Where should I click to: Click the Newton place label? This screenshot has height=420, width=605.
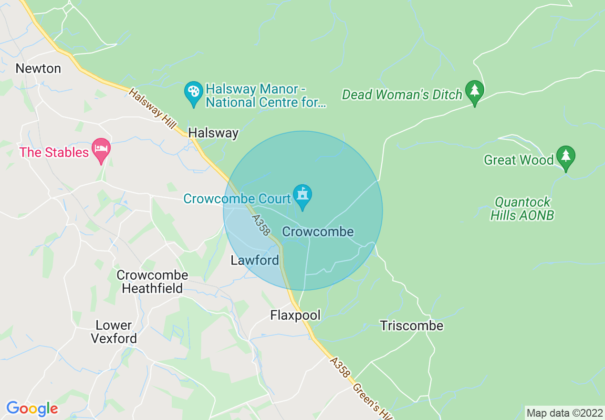[x=38, y=69]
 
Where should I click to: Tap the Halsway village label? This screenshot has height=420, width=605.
[x=213, y=133]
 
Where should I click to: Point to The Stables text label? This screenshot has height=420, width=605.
[x=54, y=153]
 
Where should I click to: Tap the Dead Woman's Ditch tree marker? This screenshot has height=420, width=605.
[x=474, y=91]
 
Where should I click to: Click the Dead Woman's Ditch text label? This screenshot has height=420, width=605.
[x=402, y=95]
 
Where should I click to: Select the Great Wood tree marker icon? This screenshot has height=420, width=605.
[x=565, y=157]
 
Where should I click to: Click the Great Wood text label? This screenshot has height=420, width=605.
[x=518, y=160]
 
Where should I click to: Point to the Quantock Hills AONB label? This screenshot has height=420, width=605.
[x=522, y=209]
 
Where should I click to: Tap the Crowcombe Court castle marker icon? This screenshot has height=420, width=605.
[x=302, y=195]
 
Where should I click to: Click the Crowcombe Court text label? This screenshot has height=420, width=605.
[x=237, y=199]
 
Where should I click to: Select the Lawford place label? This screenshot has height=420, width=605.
[x=255, y=261]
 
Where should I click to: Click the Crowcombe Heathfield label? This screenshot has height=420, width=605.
[x=152, y=282]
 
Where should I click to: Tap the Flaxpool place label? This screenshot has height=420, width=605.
[x=295, y=315]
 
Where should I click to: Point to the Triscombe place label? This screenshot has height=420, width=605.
[x=412, y=326]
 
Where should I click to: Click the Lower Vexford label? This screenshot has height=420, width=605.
[x=114, y=332]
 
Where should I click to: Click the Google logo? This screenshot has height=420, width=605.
[x=32, y=409]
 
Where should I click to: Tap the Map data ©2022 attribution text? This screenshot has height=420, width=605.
[x=563, y=412]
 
